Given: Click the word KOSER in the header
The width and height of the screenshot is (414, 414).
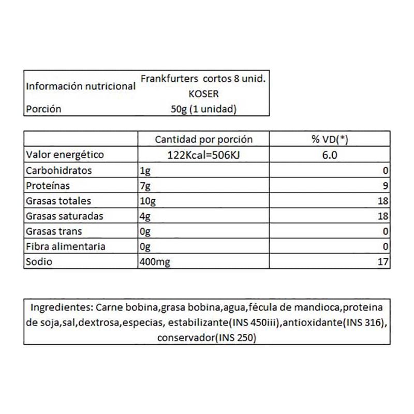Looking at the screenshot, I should tap(204, 94).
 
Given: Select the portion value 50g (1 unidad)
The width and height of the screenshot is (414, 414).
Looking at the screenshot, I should tap(204, 109).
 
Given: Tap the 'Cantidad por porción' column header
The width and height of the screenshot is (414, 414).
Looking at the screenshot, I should tap(204, 139).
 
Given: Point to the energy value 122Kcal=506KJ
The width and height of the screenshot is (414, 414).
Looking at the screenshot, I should tap(204, 154).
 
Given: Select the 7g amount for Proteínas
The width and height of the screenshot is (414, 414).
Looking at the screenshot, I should tap(145, 185).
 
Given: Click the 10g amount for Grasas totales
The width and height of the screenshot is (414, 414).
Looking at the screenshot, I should tap(147, 201).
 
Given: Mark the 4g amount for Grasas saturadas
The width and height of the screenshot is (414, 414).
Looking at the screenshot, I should tap(145, 216).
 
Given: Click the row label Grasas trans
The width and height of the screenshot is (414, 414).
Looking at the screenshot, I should tap(53, 231).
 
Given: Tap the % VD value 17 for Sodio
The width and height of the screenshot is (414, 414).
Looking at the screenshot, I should tap(383, 262).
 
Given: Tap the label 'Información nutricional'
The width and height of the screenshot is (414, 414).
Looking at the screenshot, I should tap(80, 86).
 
